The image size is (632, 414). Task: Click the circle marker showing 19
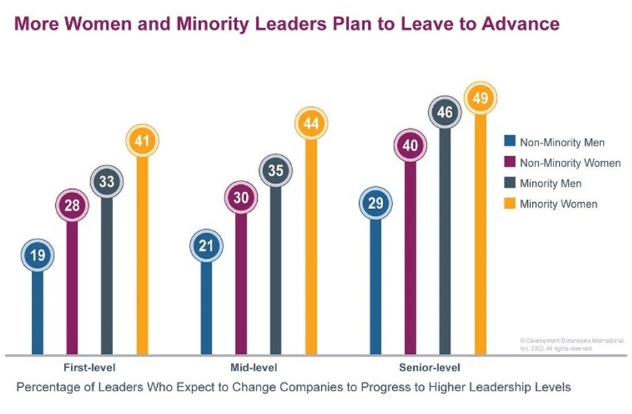point(37,255)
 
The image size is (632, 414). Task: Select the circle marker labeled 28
point(72,205)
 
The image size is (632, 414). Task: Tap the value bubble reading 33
point(106,183)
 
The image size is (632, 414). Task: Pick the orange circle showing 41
point(142,141)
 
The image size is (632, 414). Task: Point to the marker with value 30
point(241,197)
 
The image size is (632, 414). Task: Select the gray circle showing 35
point(275,171)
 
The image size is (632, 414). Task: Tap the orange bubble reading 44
point(311,124)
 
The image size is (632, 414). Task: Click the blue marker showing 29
point(376,204)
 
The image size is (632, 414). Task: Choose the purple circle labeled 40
point(410,145)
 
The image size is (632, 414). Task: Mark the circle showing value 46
point(445,111)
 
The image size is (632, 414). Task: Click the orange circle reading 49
point(480,99)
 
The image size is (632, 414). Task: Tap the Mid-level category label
point(258,368)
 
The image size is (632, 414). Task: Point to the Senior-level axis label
point(429,368)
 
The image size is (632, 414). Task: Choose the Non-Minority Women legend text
point(570,164)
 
